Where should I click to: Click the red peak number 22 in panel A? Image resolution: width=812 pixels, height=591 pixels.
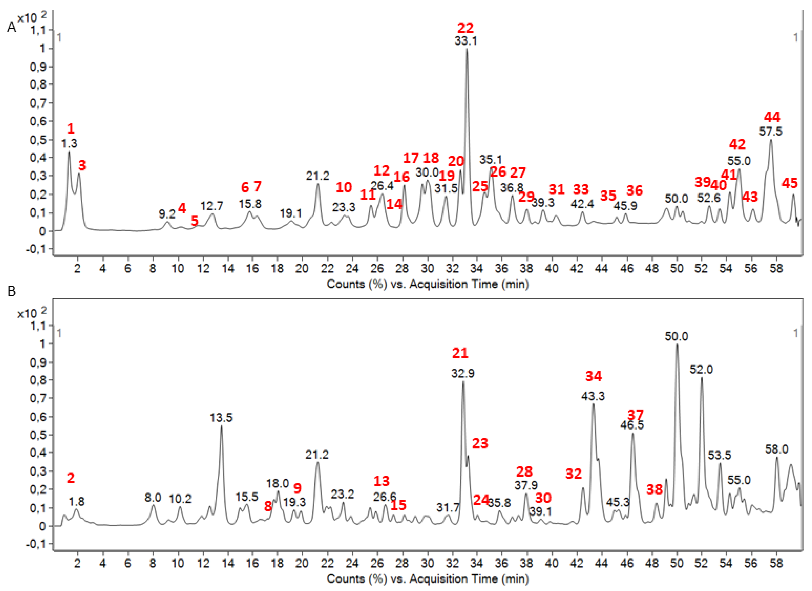(x=465, y=28)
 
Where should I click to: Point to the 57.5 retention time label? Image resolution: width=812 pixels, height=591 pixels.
(x=771, y=131)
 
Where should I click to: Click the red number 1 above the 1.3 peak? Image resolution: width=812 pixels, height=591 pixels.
(x=70, y=128)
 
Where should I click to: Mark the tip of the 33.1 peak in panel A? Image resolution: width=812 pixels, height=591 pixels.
(x=466, y=49)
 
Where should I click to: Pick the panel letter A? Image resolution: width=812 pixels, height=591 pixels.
(x=12, y=27)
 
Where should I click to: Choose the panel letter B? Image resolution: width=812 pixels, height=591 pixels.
(x=12, y=292)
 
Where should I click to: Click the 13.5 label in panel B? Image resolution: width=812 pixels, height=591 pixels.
(x=221, y=418)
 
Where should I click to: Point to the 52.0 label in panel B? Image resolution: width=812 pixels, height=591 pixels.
(x=701, y=369)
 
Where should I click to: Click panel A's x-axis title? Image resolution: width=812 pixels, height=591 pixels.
(x=428, y=284)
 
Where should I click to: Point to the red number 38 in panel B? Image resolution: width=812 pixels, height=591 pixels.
(x=655, y=489)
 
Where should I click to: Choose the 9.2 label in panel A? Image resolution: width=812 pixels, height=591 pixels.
(x=167, y=214)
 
